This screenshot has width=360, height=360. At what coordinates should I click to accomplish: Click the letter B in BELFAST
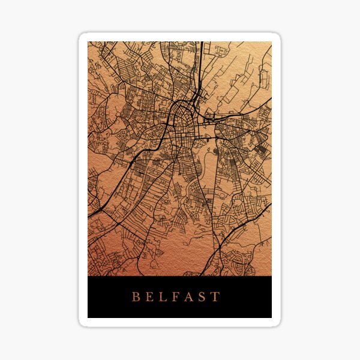pos(136,296)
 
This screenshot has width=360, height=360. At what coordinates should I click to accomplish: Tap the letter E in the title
pos(151,296)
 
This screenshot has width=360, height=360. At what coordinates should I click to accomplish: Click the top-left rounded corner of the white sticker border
pos(82,36)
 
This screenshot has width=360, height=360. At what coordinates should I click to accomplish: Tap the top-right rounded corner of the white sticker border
pos(278,36)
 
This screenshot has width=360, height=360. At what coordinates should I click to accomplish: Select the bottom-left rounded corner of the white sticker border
pos(82,323)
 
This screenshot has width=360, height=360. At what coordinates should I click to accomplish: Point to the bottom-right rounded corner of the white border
pos(278,323)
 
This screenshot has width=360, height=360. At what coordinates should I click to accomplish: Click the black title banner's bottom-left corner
pos(88,317)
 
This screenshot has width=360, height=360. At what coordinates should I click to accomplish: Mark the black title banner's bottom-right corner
pos(271,317)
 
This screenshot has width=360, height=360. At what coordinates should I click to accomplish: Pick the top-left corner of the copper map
pos(88,42)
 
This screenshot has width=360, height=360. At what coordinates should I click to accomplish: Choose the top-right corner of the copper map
pos(271,42)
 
